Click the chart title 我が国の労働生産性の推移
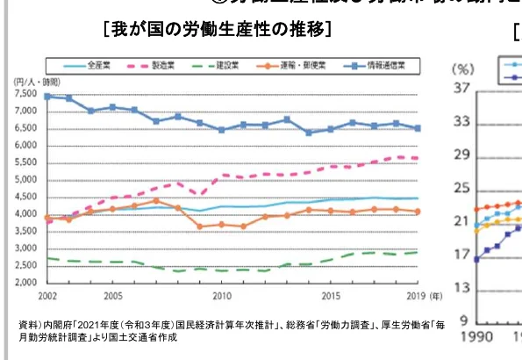click(x=217, y=29)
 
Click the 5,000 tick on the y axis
click(x=25, y=180)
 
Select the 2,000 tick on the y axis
click(x=25, y=283)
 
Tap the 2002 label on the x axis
click(x=47, y=297)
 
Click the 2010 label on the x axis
click(x=221, y=297)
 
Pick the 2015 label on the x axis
click(x=330, y=297)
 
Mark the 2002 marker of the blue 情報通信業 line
click(x=47, y=96)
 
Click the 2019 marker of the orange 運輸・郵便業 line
click(x=417, y=211)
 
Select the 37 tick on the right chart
click(x=462, y=90)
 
